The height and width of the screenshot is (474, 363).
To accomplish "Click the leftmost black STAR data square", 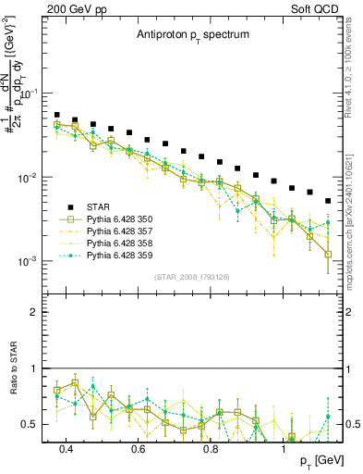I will tap(57, 115).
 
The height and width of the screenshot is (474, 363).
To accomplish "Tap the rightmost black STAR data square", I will tap(328, 201).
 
